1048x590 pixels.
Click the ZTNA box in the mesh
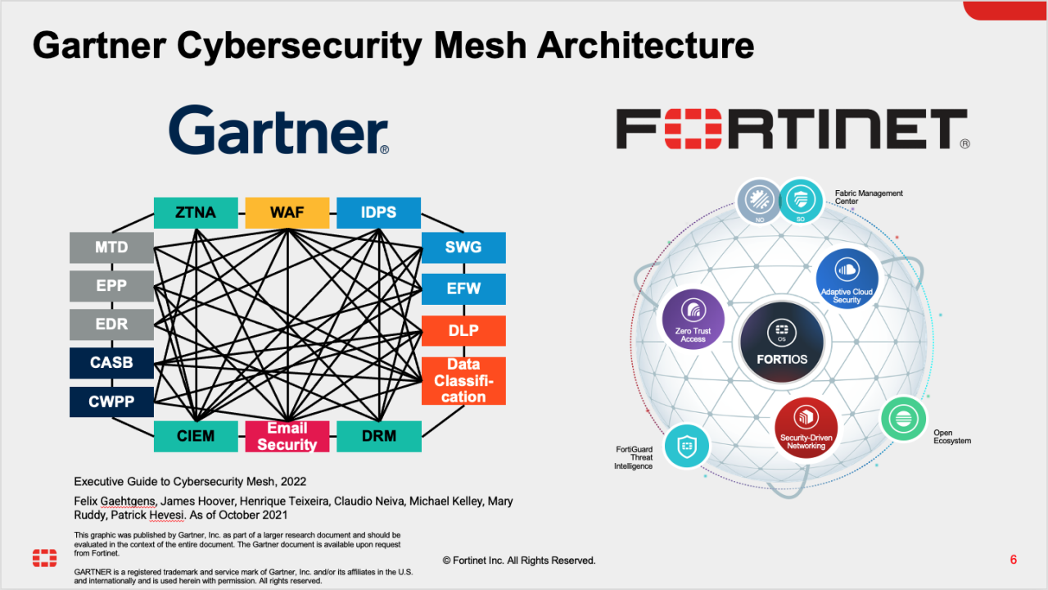click(196, 213)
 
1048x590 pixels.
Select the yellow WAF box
click(287, 213)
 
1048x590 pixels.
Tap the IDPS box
click(378, 213)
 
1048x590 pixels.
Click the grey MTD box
click(111, 247)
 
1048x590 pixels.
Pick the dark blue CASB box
click(111, 363)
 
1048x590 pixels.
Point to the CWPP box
click(111, 402)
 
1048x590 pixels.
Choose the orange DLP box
click(463, 331)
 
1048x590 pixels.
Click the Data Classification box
click(463, 381)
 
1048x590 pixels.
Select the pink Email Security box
click(287, 437)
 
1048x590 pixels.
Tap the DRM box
click(378, 437)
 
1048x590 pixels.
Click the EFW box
click(463, 289)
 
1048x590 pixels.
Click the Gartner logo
click(278, 131)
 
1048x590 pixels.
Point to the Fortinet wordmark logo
click(792, 130)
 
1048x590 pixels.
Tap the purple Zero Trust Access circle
click(693, 320)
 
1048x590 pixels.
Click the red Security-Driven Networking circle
click(806, 428)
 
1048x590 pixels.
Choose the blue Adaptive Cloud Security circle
click(847, 279)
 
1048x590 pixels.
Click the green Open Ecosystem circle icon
click(904, 419)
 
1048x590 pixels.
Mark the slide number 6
click(1014, 560)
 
